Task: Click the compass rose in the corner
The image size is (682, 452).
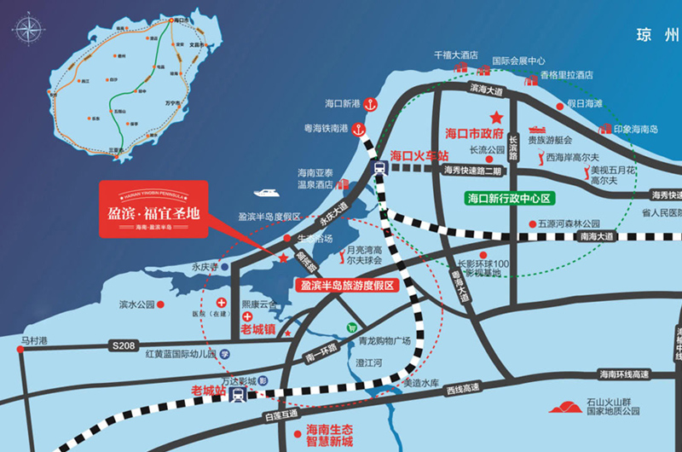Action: click(29, 28)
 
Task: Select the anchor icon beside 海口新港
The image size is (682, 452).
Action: click(371, 104)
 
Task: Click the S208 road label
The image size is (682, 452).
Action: click(123, 345)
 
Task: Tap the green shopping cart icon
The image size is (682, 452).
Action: click(350, 327)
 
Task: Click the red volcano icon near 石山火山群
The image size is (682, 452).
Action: click(564, 407)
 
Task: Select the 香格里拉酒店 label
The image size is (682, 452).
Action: click(565, 75)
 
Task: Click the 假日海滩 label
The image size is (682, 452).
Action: click(585, 103)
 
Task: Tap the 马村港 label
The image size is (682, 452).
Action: click(35, 341)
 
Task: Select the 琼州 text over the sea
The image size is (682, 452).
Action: click(657, 35)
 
